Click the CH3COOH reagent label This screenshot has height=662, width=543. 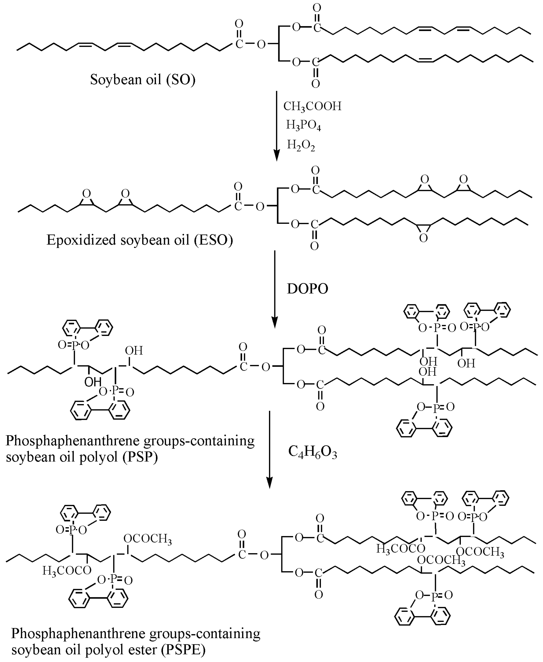(x=312, y=106)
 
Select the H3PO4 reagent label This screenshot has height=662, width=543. (x=303, y=125)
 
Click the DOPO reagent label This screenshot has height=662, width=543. (x=307, y=289)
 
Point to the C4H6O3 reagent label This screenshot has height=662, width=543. (x=312, y=452)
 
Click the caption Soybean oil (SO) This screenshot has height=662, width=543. (x=143, y=79)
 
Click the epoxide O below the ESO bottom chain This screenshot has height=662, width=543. (x=423, y=239)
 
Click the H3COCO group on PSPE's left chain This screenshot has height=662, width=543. (x=67, y=570)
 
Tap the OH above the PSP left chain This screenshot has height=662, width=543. (x=134, y=350)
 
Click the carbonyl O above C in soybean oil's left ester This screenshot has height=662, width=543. (x=239, y=24)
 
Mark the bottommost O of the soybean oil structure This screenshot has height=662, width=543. (x=315, y=84)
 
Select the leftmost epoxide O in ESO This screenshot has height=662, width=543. (x=87, y=193)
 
